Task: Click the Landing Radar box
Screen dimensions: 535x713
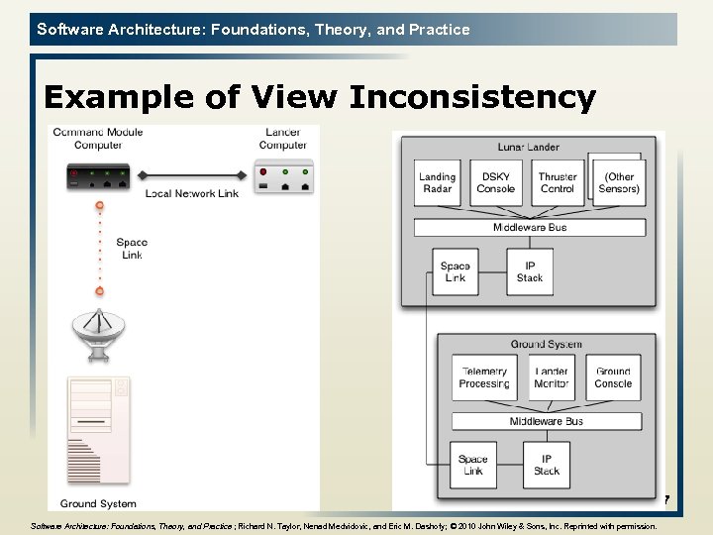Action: click(x=437, y=182)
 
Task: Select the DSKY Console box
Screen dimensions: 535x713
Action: click(x=495, y=182)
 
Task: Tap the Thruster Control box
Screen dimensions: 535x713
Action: click(x=558, y=182)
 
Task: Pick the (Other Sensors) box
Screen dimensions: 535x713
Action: click(x=620, y=182)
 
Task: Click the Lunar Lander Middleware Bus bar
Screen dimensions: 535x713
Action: click(x=530, y=228)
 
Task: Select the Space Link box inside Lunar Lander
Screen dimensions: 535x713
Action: click(x=455, y=271)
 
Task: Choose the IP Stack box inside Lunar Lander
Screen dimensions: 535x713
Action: click(x=530, y=271)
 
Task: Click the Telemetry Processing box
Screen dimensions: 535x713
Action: click(x=484, y=377)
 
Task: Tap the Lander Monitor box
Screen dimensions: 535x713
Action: click(x=552, y=377)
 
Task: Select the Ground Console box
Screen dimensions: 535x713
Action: click(x=613, y=377)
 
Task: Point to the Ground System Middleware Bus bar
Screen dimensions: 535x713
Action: click(x=546, y=421)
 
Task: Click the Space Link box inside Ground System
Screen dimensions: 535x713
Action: click(x=473, y=465)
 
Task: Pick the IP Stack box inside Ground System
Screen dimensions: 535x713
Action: click(x=547, y=465)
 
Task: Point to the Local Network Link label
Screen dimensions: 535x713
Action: click(x=191, y=193)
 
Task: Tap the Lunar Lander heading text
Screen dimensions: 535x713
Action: click(x=528, y=147)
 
